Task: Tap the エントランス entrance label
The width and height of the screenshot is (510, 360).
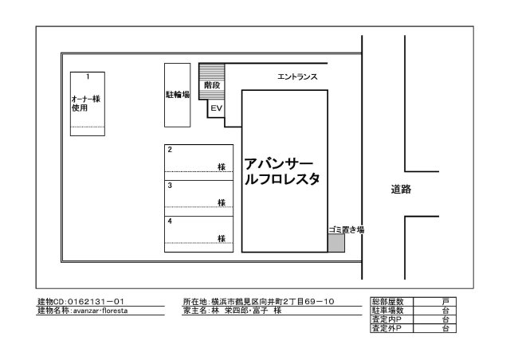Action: coord(296,77)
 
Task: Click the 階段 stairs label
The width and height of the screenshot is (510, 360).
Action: coord(212,84)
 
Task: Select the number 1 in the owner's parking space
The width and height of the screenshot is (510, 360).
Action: coord(88,76)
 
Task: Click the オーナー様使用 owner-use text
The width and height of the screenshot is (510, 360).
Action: coord(85,104)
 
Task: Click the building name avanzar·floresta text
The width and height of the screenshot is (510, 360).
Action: coord(100,311)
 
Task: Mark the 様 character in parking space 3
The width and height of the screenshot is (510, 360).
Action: coord(221,203)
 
